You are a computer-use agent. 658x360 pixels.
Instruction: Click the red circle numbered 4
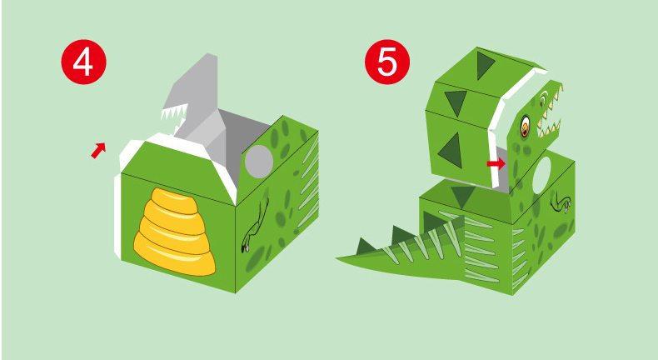[x=83, y=62]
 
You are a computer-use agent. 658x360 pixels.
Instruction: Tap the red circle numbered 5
[x=387, y=62]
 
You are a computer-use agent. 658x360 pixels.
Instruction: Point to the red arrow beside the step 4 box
[x=98, y=150]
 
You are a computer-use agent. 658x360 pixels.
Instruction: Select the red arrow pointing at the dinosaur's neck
[x=496, y=163]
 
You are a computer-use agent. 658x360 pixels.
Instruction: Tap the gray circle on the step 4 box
[x=259, y=162]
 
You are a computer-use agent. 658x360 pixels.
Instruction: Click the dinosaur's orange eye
[x=525, y=126]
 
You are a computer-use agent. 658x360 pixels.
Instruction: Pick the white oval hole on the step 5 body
[x=541, y=175]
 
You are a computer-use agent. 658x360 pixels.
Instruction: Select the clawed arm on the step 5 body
[x=561, y=201]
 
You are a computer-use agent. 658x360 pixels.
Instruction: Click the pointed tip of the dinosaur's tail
[x=337, y=258]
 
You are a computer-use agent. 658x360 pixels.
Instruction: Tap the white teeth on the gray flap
[x=174, y=112]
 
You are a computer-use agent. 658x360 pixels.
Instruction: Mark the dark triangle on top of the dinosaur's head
[x=486, y=65]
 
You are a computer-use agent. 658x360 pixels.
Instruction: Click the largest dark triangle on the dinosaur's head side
[x=451, y=150]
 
